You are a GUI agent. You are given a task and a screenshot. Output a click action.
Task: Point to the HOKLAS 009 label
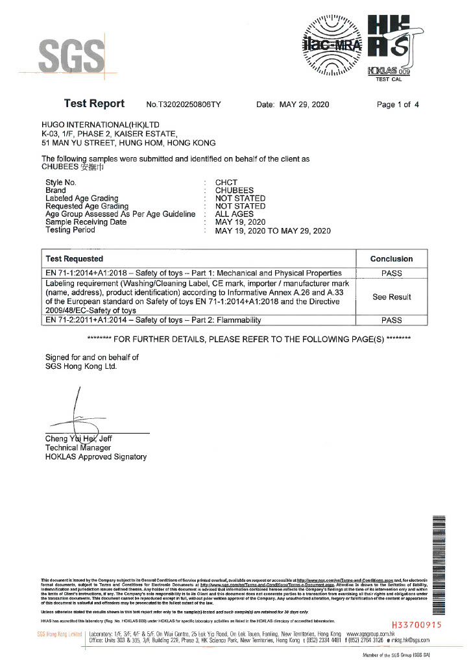[389, 71]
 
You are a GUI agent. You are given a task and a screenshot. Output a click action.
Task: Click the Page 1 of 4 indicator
[398, 105]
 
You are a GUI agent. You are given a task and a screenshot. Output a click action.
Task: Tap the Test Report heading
[94, 104]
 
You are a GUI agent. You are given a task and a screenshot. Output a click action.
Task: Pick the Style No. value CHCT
[226, 182]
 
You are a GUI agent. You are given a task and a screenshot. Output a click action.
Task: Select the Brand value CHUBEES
[234, 190]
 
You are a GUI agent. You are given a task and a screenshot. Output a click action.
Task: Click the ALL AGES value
[234, 214]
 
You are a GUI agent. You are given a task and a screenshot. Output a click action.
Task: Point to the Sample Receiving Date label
[86, 222]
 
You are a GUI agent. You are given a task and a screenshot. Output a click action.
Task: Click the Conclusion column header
[391, 258]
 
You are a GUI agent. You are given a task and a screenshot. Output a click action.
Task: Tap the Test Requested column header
[75, 258]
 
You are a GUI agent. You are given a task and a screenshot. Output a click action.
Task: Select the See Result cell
[391, 297]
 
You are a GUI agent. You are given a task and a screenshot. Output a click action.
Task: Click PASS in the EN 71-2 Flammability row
[391, 320]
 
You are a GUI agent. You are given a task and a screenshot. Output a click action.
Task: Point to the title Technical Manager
[78, 447]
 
